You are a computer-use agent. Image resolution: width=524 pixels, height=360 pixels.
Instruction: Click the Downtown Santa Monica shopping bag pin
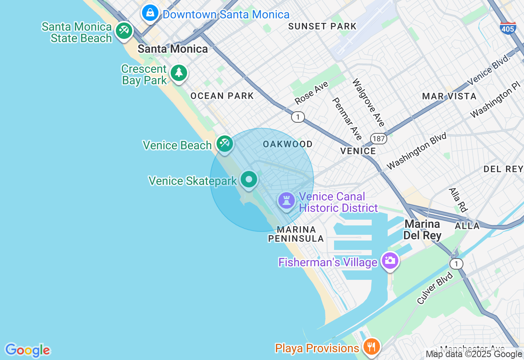point(151,13)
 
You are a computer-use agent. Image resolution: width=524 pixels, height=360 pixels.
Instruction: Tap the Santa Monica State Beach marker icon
point(123,31)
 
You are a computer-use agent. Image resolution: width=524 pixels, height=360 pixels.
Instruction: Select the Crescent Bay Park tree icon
point(178,73)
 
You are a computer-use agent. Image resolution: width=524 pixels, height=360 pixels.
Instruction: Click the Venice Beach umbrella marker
point(225,143)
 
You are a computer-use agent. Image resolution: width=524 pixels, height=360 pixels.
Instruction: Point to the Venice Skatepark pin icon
point(249,180)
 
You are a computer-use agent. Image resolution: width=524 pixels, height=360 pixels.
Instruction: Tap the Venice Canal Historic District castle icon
point(286,201)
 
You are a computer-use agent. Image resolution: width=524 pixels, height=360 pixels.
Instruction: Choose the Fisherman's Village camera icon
point(390,260)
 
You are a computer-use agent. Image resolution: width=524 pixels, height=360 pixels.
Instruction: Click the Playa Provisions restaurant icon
point(371,347)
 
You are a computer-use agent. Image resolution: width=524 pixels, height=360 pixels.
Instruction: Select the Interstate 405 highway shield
point(508,28)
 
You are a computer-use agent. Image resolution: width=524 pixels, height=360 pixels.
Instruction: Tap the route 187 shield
point(379,139)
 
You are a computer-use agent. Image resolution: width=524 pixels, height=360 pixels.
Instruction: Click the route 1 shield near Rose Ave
point(298,117)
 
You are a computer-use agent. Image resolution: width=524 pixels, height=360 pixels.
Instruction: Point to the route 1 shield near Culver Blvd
point(456,264)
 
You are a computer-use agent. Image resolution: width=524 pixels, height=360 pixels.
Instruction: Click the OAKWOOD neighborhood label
point(288,144)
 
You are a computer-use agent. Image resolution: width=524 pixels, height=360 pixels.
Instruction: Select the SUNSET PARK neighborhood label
point(322,27)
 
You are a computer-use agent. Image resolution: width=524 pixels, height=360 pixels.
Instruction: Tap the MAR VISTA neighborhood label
point(449,97)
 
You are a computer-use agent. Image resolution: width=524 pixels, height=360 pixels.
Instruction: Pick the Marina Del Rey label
point(422,230)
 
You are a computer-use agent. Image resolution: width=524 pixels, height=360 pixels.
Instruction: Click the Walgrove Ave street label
point(369,103)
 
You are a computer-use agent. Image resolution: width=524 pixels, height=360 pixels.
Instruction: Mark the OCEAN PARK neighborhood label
point(222,96)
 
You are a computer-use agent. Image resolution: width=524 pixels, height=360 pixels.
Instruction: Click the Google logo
point(27,350)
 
